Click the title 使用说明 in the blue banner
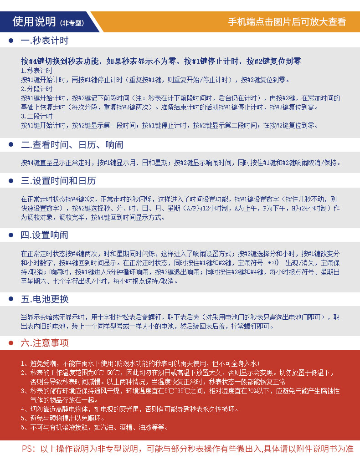[x=34, y=21]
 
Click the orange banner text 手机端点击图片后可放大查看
[x=287, y=22]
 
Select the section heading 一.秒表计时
[x=45, y=41]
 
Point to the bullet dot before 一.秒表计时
[x=11, y=41]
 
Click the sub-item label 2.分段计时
[x=37, y=89]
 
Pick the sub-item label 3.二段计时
[x=37, y=116]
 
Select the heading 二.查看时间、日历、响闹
[x=72, y=145]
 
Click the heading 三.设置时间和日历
[x=58, y=181]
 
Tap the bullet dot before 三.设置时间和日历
[x=11, y=181]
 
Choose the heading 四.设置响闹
[x=45, y=235]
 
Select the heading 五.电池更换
[x=45, y=299]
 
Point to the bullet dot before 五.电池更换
[x=11, y=299]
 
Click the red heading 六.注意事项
[x=45, y=342]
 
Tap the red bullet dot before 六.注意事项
[x=11, y=342]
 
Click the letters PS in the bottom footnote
[x=28, y=449]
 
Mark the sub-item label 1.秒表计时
[x=37, y=71]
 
